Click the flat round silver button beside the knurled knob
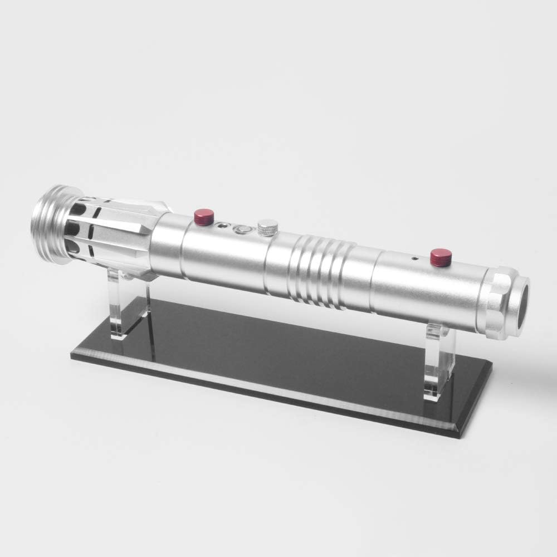tap(243, 229)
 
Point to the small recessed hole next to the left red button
tap(224, 226)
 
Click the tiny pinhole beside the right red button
tap(413, 259)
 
